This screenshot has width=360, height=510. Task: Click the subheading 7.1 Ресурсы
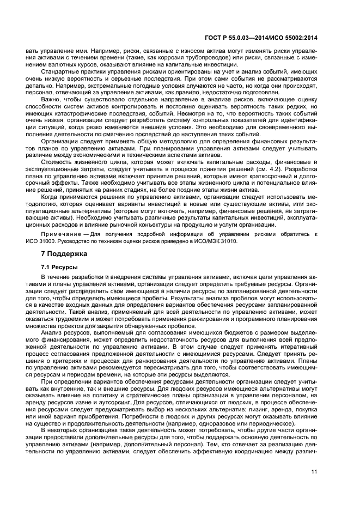(x=59, y=267)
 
